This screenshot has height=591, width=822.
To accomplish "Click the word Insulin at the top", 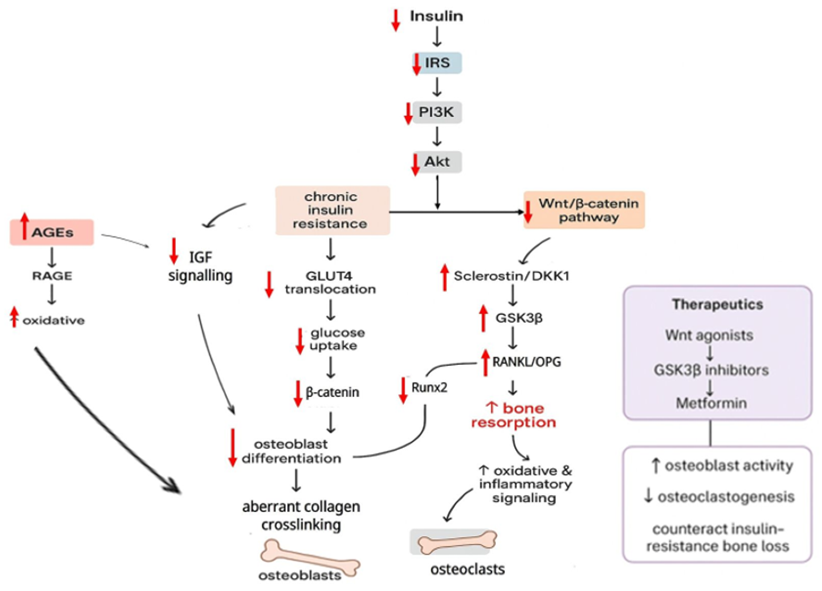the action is (x=436, y=16).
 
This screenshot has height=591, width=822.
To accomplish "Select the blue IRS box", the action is (x=437, y=63).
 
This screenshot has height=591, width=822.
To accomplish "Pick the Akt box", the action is (x=437, y=162).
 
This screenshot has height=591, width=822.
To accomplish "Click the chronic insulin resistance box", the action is (x=332, y=211).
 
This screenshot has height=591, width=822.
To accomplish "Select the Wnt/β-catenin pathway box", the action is (x=585, y=210).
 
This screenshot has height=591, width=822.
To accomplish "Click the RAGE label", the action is (x=52, y=276).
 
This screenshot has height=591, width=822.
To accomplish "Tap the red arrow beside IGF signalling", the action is (x=174, y=251).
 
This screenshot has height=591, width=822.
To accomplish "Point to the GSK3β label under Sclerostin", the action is (x=519, y=318).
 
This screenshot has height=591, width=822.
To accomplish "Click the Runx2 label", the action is (x=429, y=388).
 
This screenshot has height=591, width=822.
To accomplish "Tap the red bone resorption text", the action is (x=514, y=415).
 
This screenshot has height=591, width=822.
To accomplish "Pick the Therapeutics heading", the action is (x=717, y=304).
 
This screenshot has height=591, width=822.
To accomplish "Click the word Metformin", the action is (x=711, y=403).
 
